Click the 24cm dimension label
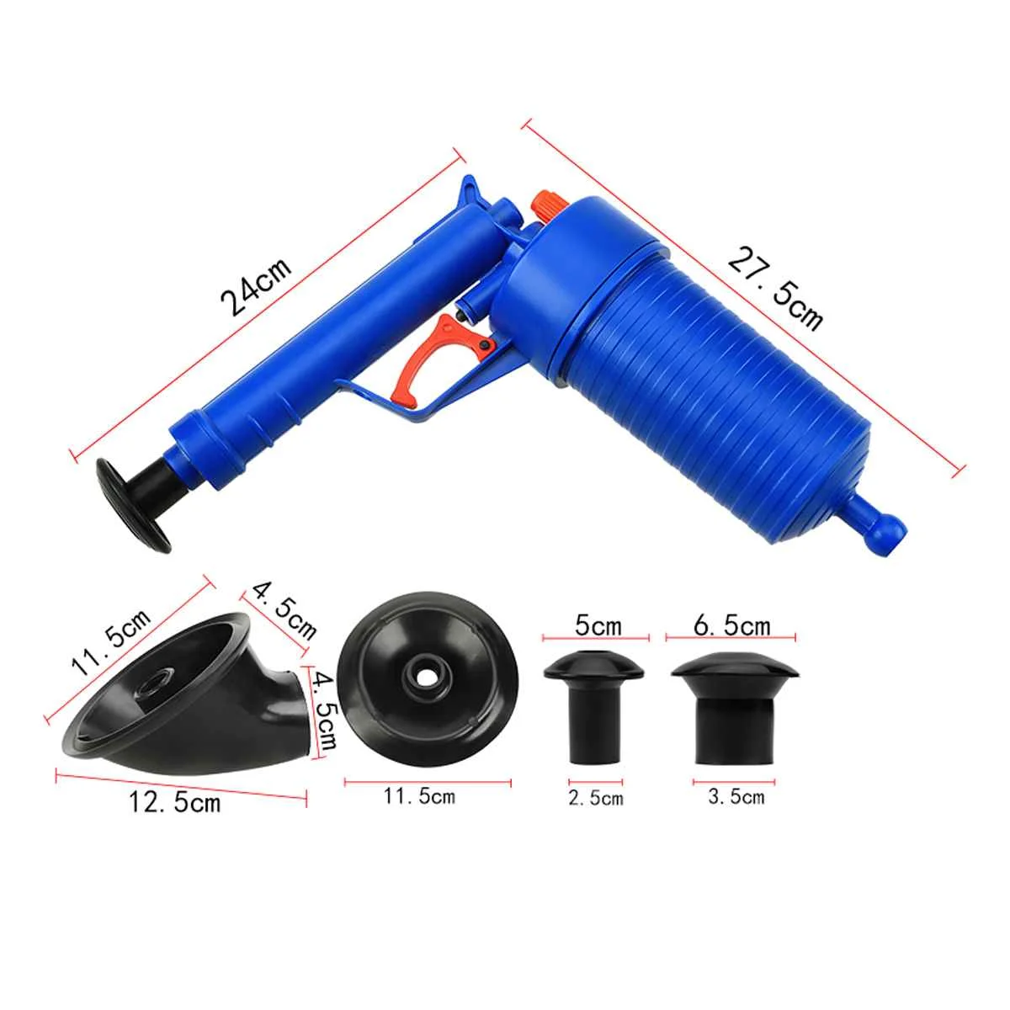(255, 286)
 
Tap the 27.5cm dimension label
(775, 289)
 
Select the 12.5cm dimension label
(175, 817)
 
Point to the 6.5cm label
(732, 625)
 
